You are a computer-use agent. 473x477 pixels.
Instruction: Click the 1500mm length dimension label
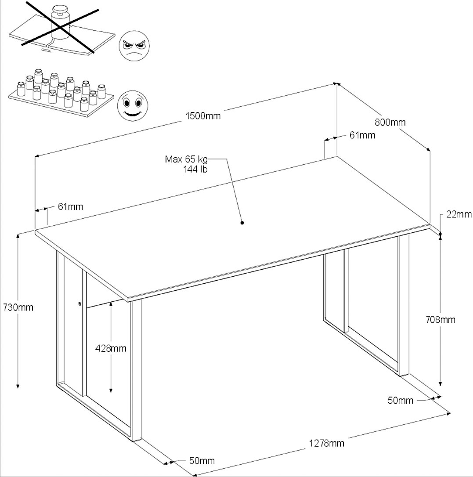pos(203,116)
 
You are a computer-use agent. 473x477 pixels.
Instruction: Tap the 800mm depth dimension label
pos(390,123)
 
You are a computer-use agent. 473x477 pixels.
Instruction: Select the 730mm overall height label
pos(18,307)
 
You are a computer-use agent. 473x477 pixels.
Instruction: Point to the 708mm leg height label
pos(441,320)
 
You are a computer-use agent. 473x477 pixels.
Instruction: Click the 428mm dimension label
pos(111,348)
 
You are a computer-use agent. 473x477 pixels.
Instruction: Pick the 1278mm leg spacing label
pos(326,443)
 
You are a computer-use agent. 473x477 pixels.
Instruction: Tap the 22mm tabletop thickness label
pos(459,214)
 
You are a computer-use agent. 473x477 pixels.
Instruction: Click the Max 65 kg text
pos(186,159)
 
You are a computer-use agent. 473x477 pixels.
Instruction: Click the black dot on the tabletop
pos(242,223)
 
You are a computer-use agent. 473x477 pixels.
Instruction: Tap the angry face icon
pos(134,46)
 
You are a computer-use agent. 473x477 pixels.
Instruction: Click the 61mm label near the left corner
pos(70,206)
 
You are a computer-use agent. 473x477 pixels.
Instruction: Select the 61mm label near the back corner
pos(362,135)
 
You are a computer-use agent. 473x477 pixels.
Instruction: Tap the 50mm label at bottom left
pos(202,461)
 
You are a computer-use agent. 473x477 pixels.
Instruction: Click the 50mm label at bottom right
pos(401,400)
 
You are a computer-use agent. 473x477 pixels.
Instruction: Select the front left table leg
pos(136,369)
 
